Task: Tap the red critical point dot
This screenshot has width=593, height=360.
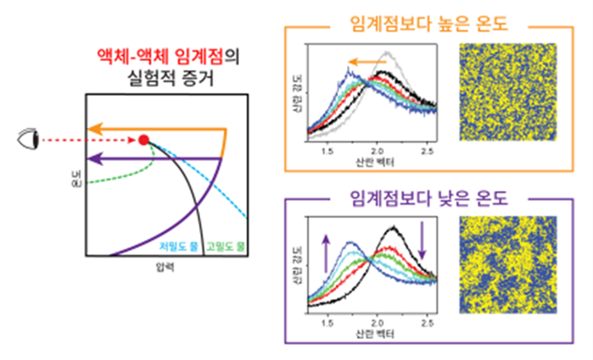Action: (143, 140)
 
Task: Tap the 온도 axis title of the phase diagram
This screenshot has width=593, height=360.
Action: (76, 185)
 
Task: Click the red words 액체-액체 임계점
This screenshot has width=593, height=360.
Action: (156, 57)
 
